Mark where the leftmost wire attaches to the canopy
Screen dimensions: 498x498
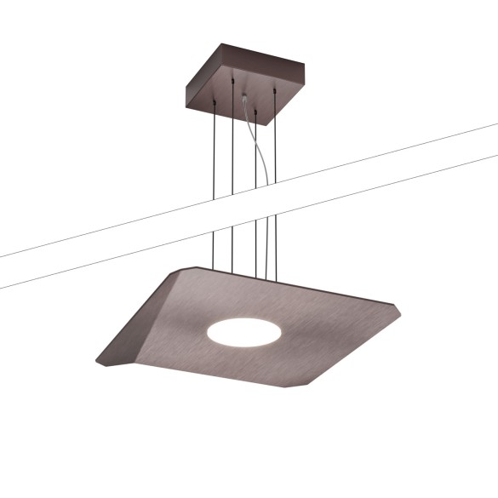pyautogui.click(x=215, y=103)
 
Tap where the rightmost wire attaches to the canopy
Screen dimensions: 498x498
pyautogui.click(x=275, y=88)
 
